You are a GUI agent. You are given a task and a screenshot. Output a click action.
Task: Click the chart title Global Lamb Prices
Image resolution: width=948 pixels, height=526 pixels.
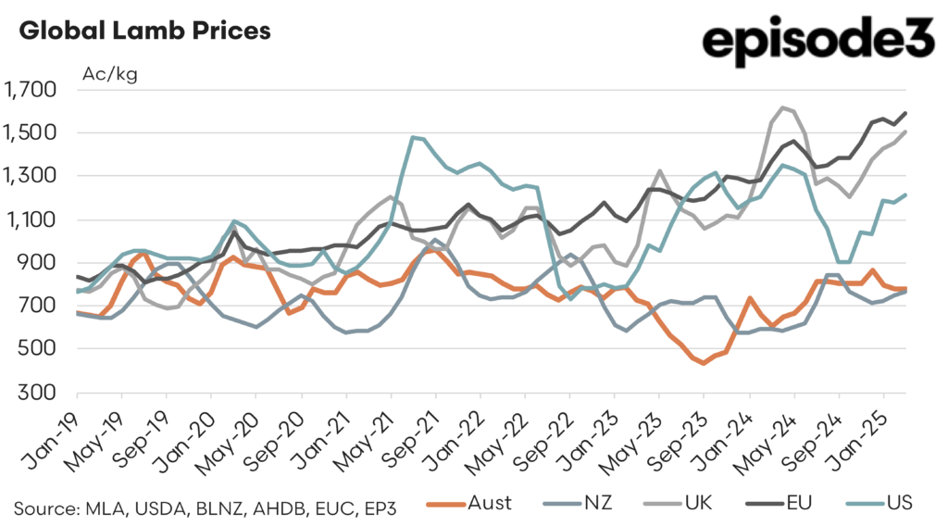pos(144,31)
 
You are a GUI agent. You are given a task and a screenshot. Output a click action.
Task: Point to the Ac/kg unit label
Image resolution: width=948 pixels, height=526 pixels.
pos(110,75)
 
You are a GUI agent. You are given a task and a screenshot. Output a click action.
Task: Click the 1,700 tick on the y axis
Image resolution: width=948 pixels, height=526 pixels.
pos(31,90)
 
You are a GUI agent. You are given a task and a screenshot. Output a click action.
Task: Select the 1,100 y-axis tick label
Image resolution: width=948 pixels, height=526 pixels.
pos(31,219)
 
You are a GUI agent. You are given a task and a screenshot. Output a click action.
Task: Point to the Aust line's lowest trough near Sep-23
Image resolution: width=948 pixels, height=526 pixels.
pos(704,363)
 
